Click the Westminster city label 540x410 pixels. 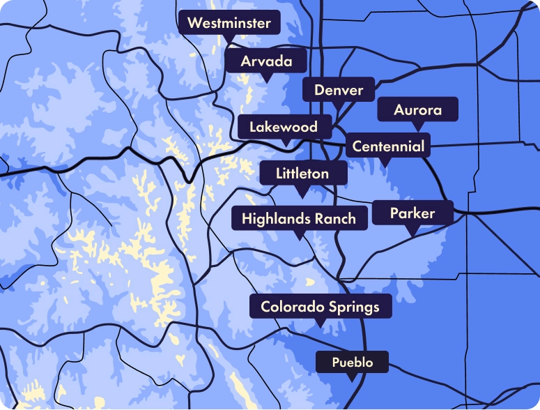229,23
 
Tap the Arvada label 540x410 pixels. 266,61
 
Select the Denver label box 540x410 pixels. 339,90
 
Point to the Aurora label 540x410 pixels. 417,110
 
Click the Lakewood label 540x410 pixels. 284,127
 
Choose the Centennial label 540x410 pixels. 388,146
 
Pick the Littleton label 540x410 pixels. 302,173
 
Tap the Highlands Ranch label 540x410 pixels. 299,218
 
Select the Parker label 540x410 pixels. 412,213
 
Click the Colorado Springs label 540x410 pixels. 320,306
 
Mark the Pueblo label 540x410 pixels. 352,363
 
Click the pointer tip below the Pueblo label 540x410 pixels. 352,380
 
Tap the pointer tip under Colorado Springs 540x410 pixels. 320,326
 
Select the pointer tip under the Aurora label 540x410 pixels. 418,130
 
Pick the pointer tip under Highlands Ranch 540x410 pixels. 299,238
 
